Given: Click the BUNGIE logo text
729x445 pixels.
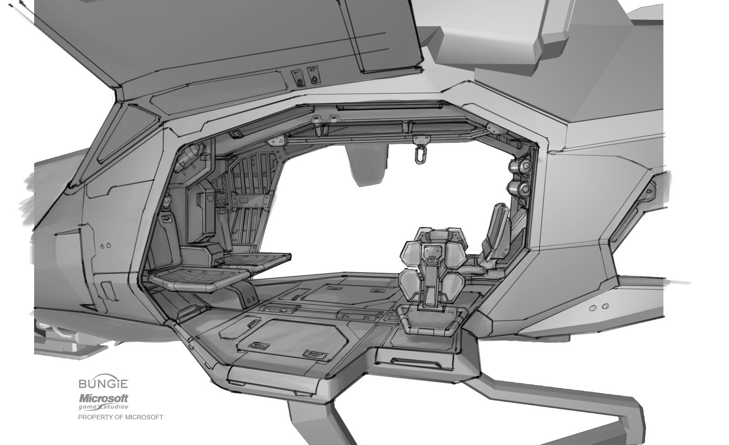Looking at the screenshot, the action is point(103,383).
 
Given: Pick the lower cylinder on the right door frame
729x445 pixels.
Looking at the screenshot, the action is point(519,189).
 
